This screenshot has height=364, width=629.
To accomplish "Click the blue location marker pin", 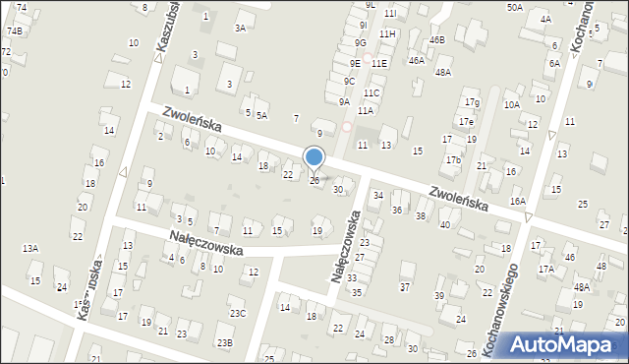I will tap(314, 157).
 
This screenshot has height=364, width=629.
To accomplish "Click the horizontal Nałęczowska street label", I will tap(205, 243).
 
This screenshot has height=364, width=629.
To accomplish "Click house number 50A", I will tap(514, 7).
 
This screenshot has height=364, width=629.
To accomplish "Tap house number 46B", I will tap(437, 39).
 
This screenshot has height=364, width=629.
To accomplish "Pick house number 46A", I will tap(417, 60).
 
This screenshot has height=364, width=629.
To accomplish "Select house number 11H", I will tap(387, 33).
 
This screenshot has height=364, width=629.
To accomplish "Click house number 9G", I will tap(361, 42).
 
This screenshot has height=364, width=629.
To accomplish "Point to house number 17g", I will tap(473, 102).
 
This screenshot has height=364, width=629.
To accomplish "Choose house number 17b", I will tap(452, 159).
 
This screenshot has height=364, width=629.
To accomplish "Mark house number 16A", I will tap(518, 201).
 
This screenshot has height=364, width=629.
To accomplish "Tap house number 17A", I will tap(545, 268).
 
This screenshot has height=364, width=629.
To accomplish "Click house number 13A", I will tap(30, 248).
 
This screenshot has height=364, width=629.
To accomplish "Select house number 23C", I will tap(238, 314).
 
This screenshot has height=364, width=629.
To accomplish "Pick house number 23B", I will tap(225, 342).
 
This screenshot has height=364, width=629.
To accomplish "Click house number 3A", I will tap(240, 28).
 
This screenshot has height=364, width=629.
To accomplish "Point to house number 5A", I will tap(262, 115).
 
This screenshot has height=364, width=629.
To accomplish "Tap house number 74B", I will tap(14, 30).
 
